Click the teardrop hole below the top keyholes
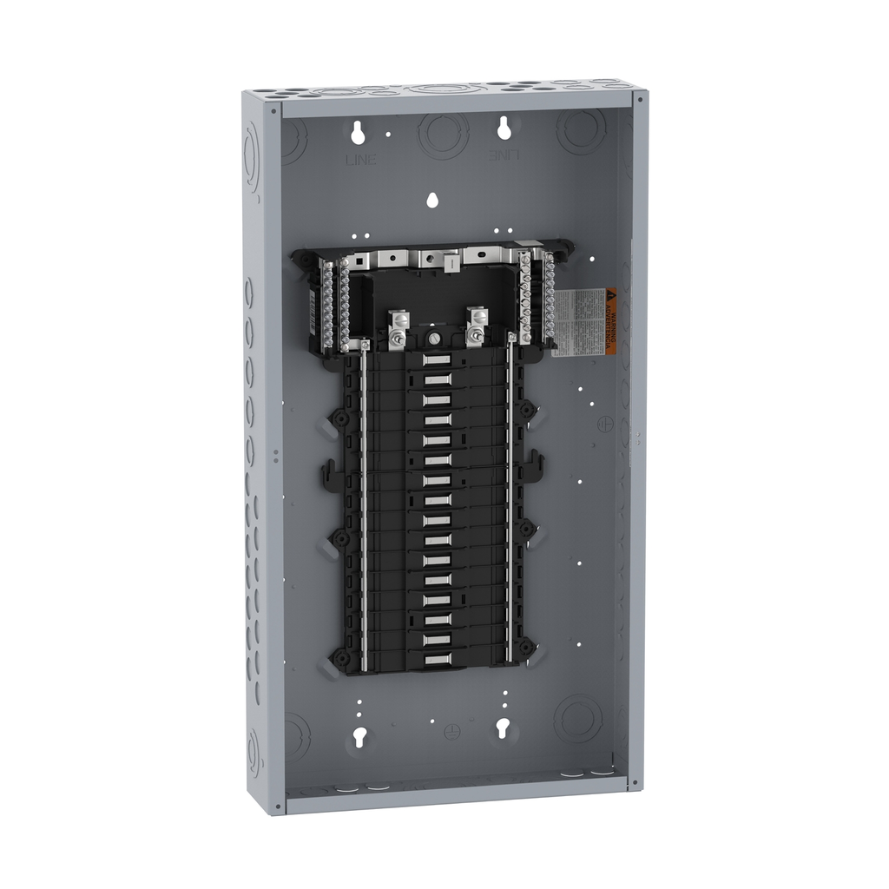click(431, 200)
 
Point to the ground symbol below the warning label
click(607, 423)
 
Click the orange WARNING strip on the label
click(611, 321)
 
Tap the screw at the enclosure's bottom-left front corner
click(277, 806)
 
